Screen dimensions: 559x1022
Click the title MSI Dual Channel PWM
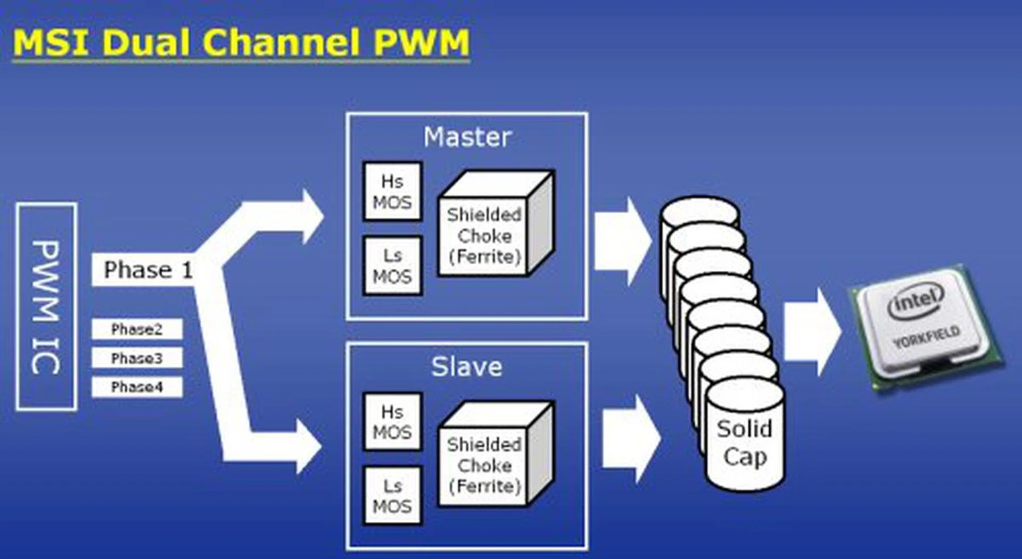click(x=241, y=43)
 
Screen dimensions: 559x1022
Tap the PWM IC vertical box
click(x=46, y=306)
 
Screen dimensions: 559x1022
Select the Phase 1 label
click(x=147, y=270)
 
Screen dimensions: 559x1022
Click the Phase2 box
click(x=137, y=329)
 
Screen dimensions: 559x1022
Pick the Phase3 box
click(x=137, y=358)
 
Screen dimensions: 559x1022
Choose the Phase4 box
click(x=137, y=387)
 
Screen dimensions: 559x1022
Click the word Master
click(x=467, y=137)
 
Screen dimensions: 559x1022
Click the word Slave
click(x=466, y=367)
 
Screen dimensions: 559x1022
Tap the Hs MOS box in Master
click(x=392, y=191)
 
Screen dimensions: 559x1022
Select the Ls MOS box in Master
click(x=392, y=266)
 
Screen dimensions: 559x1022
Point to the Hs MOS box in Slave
click(x=392, y=422)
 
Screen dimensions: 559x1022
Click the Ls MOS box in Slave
click(x=392, y=496)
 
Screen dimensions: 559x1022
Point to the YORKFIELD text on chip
click(x=927, y=336)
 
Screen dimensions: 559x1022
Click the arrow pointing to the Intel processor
click(x=812, y=332)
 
